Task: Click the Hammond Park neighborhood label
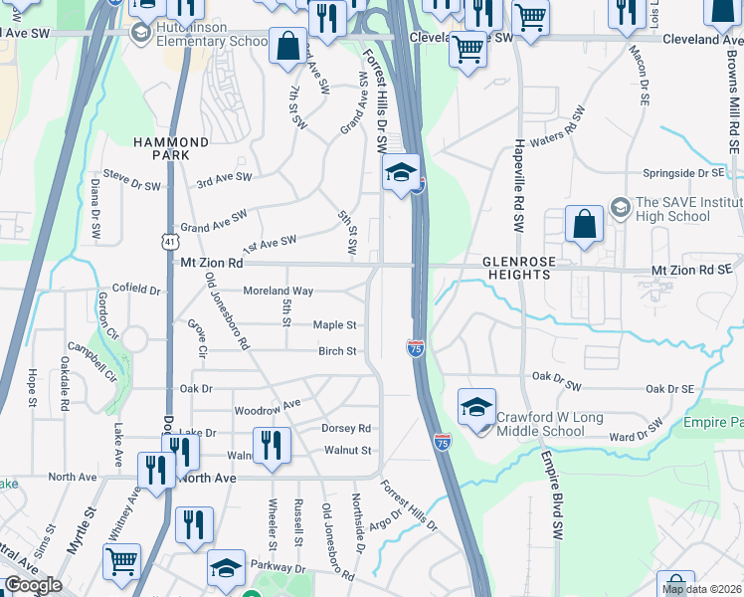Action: (180, 149)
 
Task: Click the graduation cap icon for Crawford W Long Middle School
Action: (476, 406)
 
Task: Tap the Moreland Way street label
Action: (279, 292)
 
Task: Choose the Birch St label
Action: (337, 351)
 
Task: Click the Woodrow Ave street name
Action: (267, 408)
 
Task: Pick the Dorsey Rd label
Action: (345, 429)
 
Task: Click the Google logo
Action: (33, 585)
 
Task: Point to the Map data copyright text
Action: (702, 589)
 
